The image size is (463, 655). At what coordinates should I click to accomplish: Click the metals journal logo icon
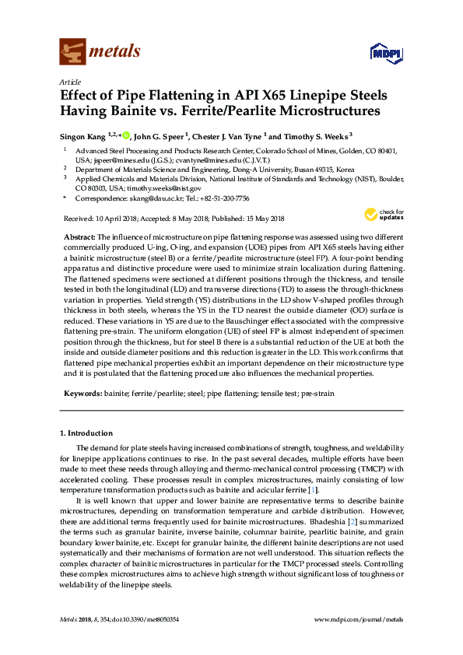tap(72, 51)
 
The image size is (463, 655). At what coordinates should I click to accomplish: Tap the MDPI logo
tap(385, 53)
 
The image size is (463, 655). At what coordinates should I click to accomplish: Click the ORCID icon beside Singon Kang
tap(127, 135)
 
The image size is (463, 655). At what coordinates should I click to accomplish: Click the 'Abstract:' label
tap(78, 234)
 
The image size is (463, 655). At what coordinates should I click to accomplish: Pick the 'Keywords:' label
tap(82, 394)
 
